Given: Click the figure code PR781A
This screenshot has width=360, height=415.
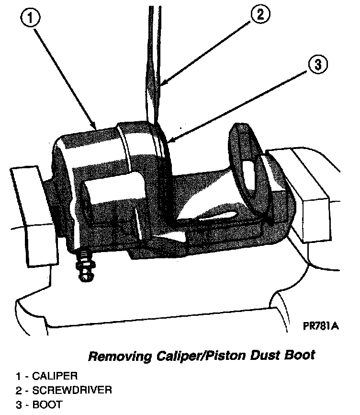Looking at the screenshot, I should [321, 326].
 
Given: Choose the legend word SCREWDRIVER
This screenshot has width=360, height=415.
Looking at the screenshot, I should [72, 391].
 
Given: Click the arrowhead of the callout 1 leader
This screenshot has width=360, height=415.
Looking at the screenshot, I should [96, 126].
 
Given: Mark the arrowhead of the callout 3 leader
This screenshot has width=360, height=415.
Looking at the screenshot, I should [169, 141].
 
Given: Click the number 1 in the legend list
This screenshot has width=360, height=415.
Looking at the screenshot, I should [18, 376].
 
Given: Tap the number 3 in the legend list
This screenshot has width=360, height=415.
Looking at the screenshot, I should [18, 405].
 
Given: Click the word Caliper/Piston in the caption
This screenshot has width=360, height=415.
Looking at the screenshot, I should [199, 356].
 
